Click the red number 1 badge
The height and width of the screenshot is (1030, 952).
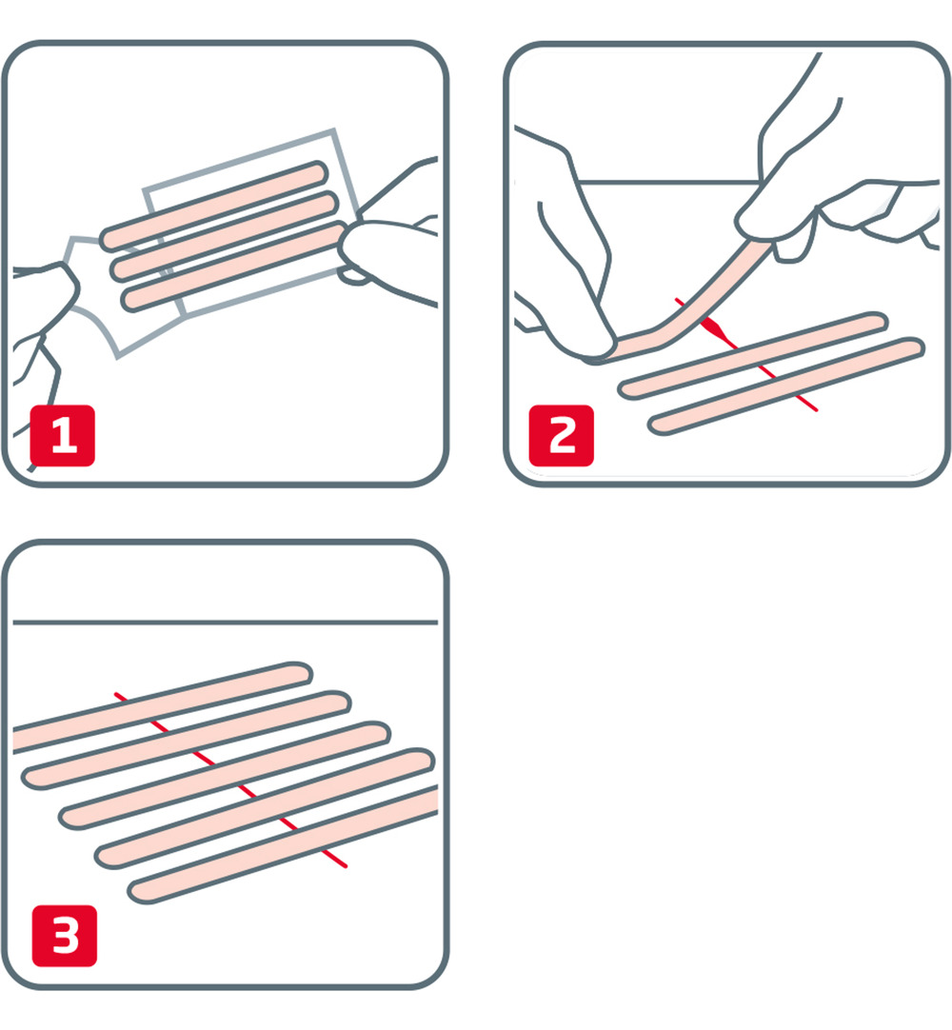[x=63, y=436]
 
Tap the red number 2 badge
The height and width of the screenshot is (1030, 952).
[x=562, y=436]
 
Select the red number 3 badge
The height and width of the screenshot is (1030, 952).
[x=64, y=935]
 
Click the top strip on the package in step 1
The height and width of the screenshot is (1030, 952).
[x=214, y=203]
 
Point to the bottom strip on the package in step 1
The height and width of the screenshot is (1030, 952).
[x=233, y=267]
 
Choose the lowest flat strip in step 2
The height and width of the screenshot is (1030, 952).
[x=785, y=386]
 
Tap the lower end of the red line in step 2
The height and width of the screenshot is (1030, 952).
[x=814, y=409]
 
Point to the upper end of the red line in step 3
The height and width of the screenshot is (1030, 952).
[x=117, y=695]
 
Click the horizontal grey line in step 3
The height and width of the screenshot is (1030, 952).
[x=225, y=623]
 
